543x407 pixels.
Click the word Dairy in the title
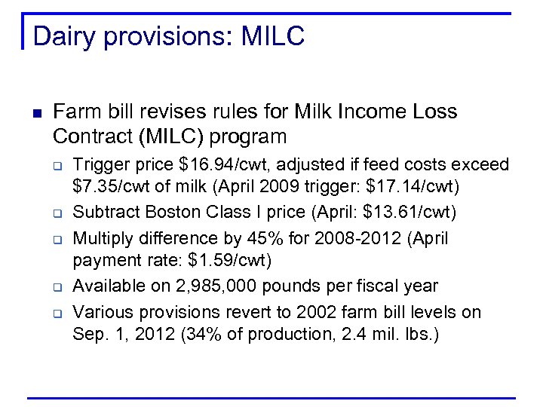tap(62, 36)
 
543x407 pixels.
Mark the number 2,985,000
tap(201, 286)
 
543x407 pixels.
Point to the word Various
tap(102, 312)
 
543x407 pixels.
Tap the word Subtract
tap(103, 213)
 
